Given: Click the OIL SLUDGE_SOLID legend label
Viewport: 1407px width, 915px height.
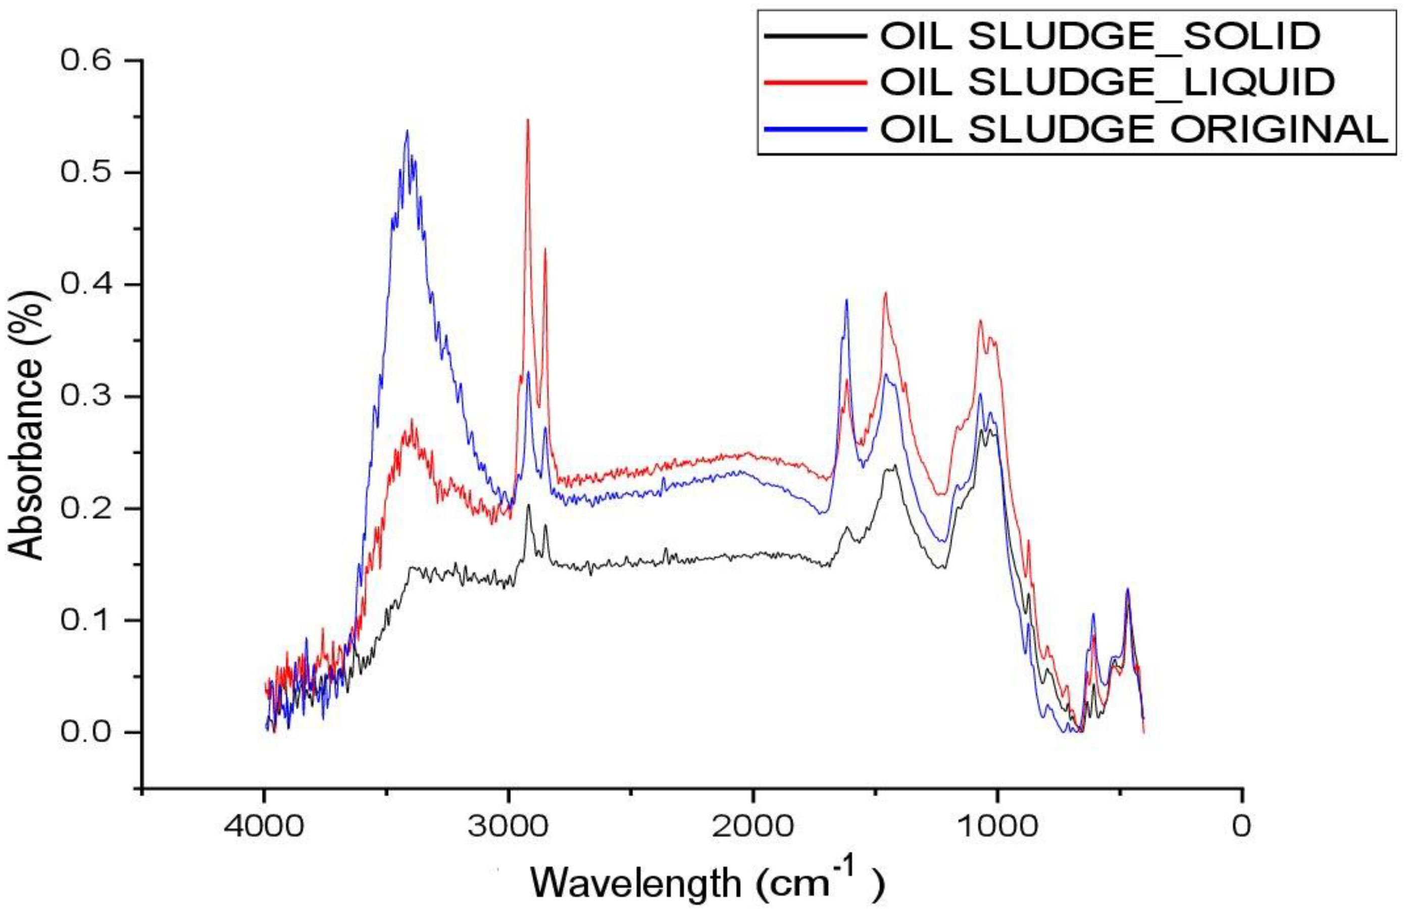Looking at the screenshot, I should (1099, 37).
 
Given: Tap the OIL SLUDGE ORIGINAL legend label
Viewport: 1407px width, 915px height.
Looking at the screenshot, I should (1134, 129).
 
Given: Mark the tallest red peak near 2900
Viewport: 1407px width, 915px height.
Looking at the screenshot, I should (528, 121).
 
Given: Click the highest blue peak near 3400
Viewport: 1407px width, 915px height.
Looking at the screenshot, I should (407, 132).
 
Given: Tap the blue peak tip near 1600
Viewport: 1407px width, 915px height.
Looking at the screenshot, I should (846, 300).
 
